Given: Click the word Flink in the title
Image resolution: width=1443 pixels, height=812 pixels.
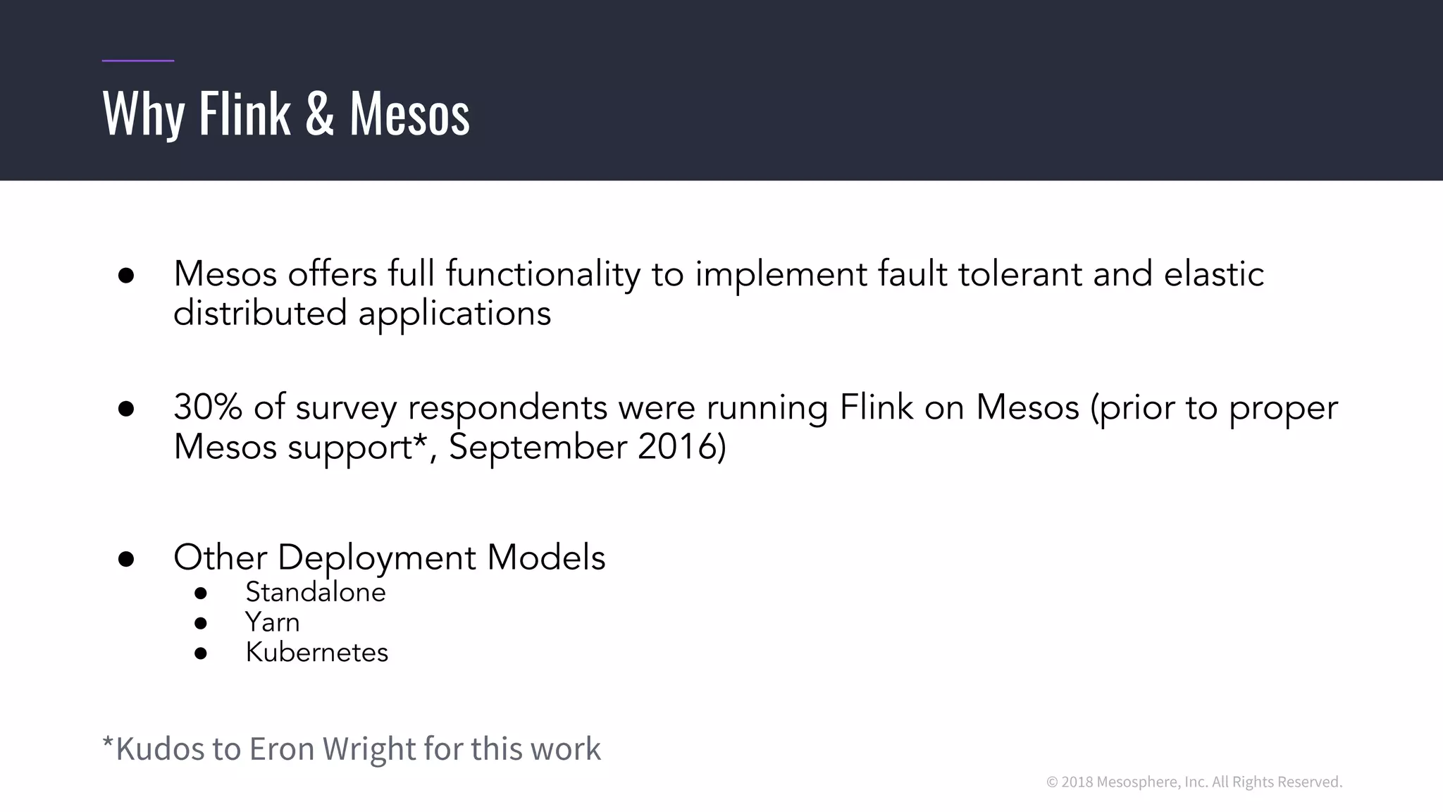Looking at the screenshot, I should [244, 113].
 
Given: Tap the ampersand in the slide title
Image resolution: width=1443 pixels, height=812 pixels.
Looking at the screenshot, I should [320, 113].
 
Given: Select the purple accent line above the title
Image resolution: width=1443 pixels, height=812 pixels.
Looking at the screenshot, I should [138, 61].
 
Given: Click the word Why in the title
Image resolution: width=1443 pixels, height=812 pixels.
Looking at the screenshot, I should [144, 114].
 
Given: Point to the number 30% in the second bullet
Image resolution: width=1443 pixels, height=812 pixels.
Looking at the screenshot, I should [208, 407].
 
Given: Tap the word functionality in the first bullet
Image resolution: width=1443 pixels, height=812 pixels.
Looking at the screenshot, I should [543, 275].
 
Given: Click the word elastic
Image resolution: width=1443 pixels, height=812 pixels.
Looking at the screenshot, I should [1213, 273].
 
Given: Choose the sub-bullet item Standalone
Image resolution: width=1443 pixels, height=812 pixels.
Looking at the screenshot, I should [315, 592].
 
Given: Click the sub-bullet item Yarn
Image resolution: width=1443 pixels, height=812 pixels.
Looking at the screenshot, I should [272, 622].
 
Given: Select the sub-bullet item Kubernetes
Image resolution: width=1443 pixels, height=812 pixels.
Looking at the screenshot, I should [316, 653].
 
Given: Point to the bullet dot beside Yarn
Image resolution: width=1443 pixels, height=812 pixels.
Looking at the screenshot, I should [201, 623].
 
